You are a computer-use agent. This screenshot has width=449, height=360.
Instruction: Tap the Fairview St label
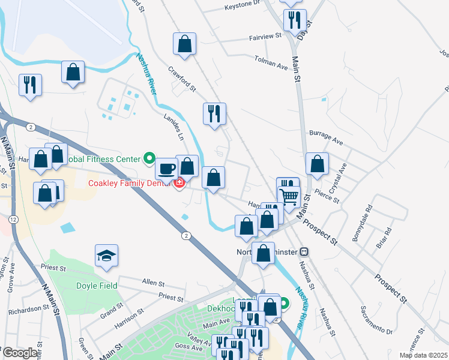[265, 37]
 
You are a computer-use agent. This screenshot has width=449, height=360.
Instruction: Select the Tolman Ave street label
[271, 61]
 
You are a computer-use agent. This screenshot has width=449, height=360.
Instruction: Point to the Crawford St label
[182, 79]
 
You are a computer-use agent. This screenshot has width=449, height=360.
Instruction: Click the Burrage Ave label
[325, 138]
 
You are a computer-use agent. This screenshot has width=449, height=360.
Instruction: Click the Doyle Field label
[91, 286]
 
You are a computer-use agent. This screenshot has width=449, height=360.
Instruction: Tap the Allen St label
[153, 281]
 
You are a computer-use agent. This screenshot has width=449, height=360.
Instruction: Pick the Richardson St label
[29, 310]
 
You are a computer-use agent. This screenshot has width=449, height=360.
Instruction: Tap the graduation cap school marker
[107, 256]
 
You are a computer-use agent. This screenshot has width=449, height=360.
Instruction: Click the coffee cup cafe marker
[167, 168]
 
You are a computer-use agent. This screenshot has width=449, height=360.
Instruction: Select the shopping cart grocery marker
[289, 196]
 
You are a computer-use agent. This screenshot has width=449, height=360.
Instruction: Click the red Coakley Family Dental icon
[179, 183]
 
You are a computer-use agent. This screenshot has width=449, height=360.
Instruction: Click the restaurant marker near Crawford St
[214, 113]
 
